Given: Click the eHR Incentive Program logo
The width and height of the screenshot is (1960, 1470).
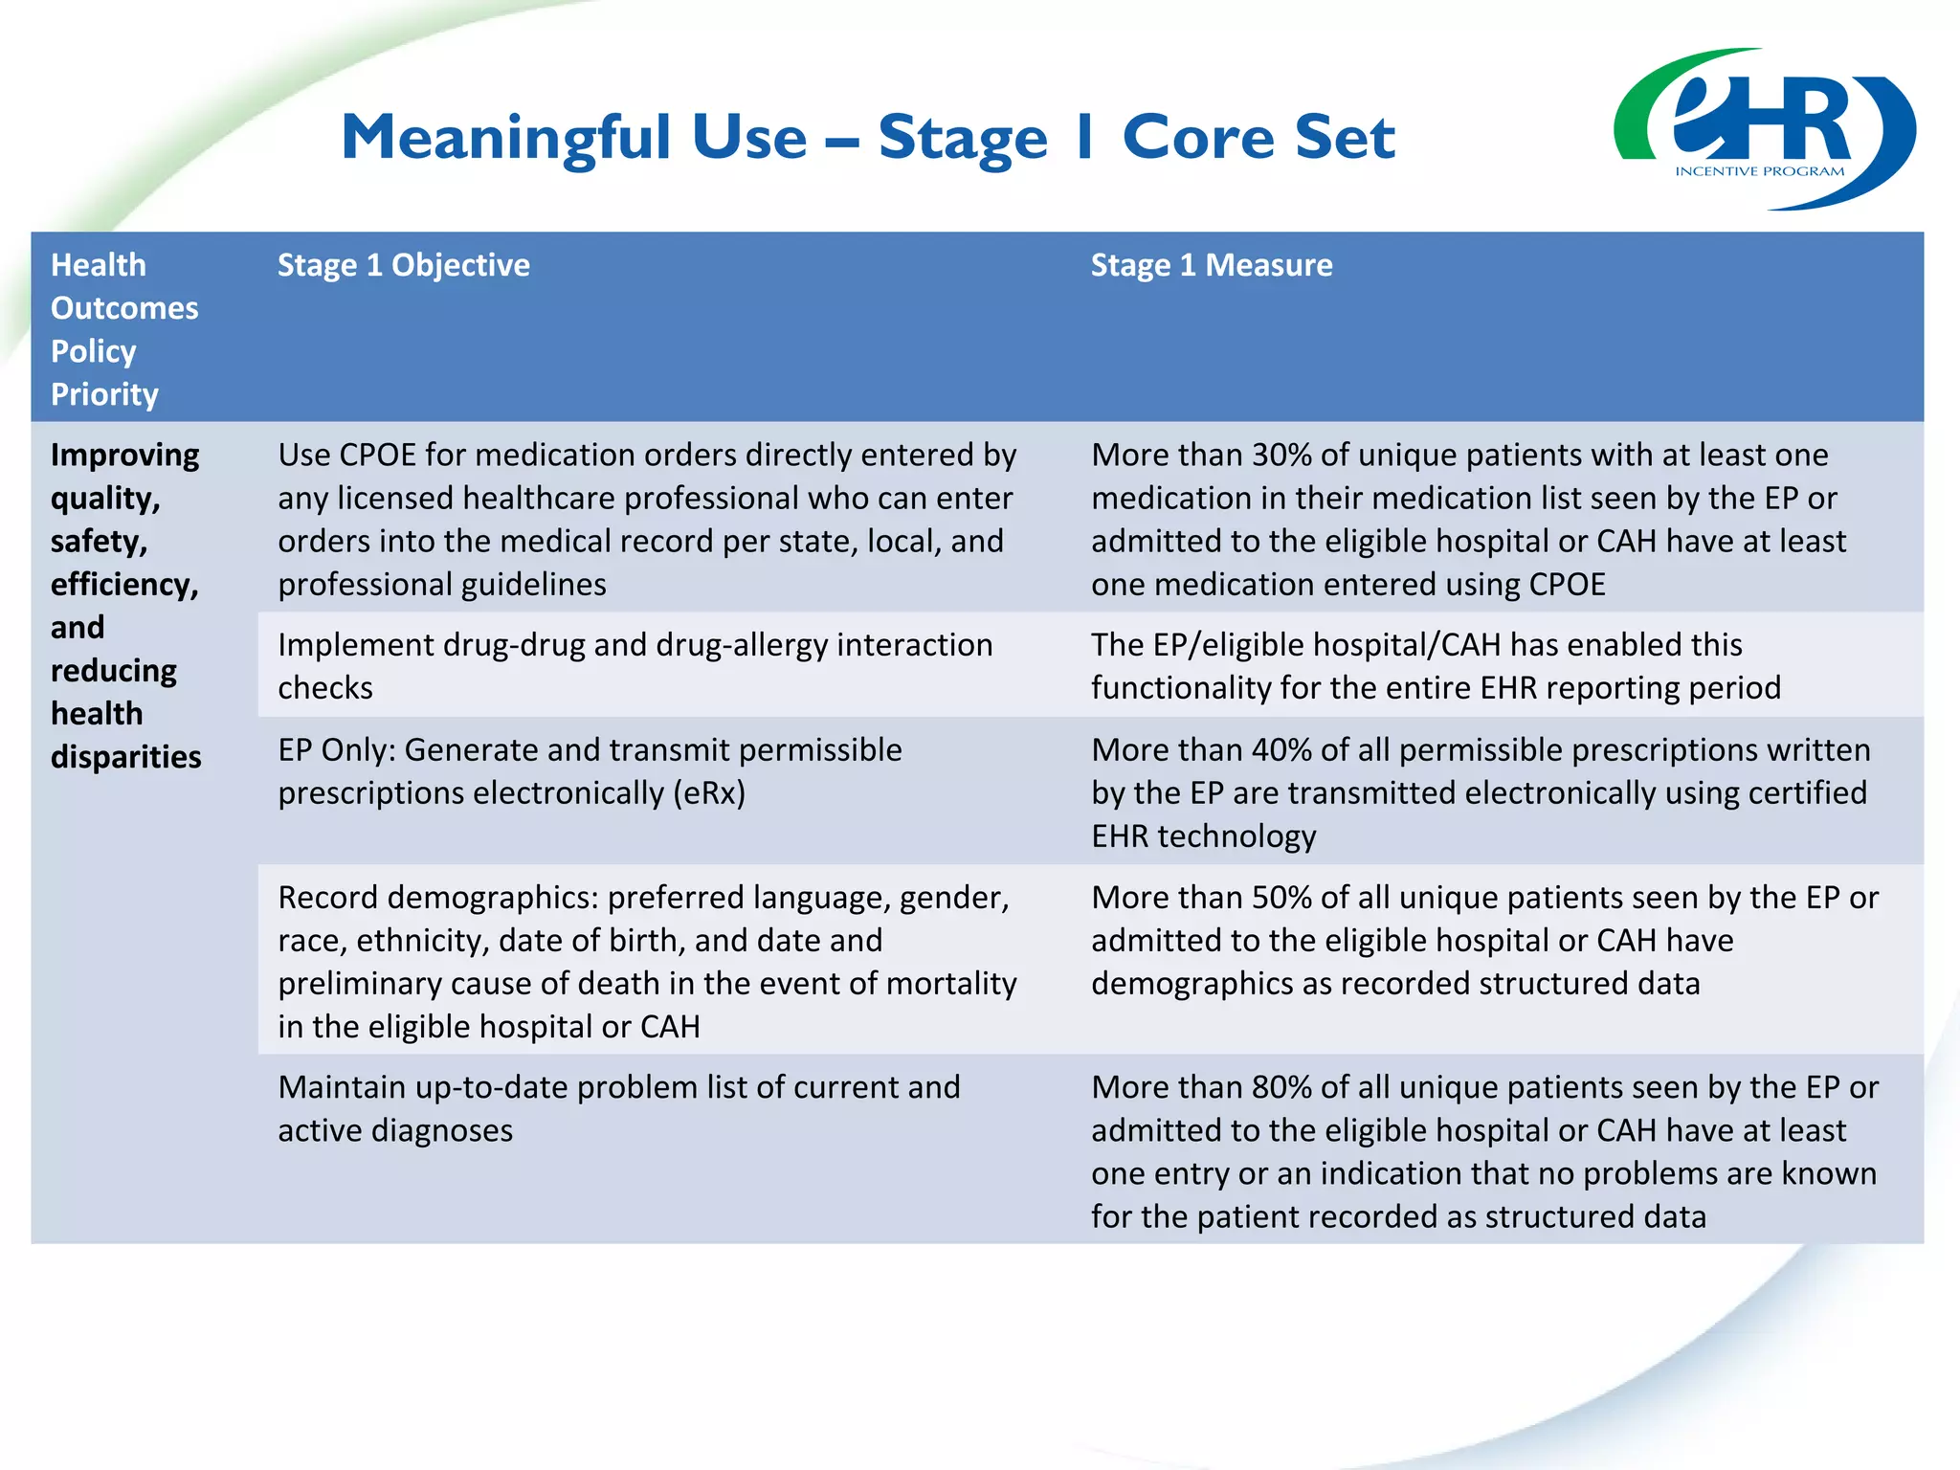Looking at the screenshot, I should (1764, 128).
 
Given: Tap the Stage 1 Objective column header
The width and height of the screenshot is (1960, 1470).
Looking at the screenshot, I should (403, 265).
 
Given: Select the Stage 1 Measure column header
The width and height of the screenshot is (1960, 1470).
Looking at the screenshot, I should (1211, 265).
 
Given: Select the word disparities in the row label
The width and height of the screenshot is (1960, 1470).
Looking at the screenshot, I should (125, 757).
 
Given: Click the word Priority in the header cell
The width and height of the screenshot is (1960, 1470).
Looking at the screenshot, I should (104, 394).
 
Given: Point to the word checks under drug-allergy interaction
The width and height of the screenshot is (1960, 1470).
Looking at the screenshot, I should (324, 688).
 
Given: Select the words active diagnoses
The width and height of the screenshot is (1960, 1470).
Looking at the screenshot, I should (395, 1130).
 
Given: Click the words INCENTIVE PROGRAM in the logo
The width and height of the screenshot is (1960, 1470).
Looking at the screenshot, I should (1759, 171).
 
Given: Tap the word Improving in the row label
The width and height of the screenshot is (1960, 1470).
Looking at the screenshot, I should (124, 455).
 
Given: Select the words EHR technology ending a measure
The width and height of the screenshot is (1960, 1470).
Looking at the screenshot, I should (1203, 836).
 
